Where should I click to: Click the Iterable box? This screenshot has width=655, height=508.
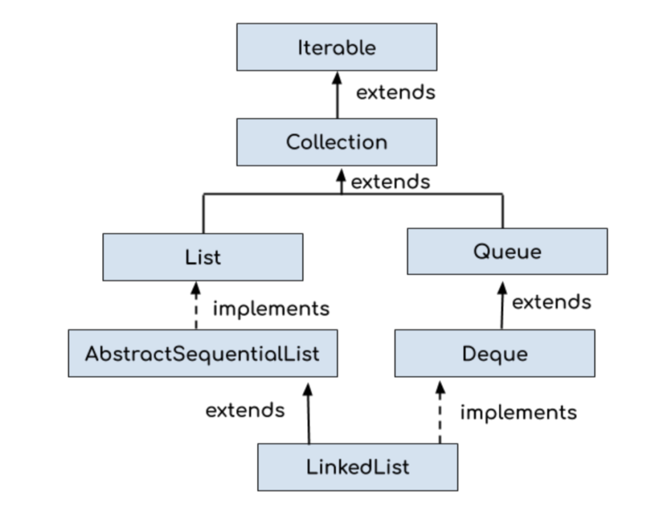[x=337, y=47]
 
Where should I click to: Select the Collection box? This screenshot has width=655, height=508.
[x=337, y=142]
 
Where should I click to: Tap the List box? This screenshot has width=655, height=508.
[x=203, y=257]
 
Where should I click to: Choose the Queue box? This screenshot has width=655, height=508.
[x=507, y=251]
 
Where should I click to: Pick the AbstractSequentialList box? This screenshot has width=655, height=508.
[x=203, y=354]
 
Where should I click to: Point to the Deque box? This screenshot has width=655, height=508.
[x=495, y=354]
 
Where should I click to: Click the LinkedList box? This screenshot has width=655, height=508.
[x=358, y=467]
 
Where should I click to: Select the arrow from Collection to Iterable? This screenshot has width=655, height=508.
[x=337, y=97]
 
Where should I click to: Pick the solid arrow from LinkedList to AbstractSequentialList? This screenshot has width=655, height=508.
[x=308, y=415]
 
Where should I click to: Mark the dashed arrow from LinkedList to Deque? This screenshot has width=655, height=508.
[x=440, y=415]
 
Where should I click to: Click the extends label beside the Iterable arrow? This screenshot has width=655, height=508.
[x=395, y=93]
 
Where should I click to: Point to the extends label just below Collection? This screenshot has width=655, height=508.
[x=391, y=182]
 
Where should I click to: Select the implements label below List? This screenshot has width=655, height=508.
[x=271, y=309]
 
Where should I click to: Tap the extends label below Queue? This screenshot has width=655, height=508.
[x=551, y=302]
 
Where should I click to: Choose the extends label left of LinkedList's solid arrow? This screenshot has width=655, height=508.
[x=245, y=411]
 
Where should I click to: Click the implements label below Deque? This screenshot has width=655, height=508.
[x=519, y=413]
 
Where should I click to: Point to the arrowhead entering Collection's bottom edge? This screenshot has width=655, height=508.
[x=341, y=175]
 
